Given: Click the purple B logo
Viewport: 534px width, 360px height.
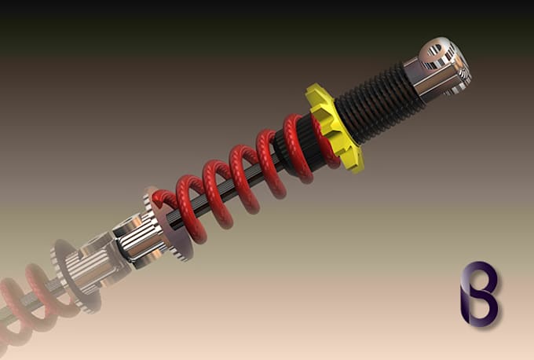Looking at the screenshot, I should tap(478, 292).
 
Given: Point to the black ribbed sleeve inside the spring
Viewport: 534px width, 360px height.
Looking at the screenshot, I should tap(294, 154).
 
